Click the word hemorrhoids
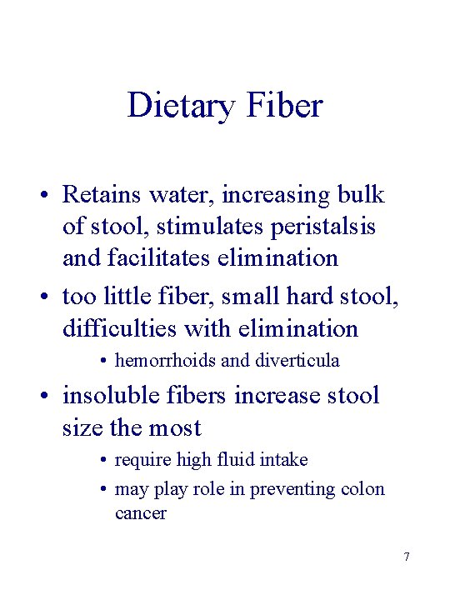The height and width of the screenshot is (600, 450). click(165, 361)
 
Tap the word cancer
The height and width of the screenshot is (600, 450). click(141, 513)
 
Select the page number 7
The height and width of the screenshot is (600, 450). click(406, 557)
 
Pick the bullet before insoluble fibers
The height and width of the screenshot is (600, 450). click(41, 397)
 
